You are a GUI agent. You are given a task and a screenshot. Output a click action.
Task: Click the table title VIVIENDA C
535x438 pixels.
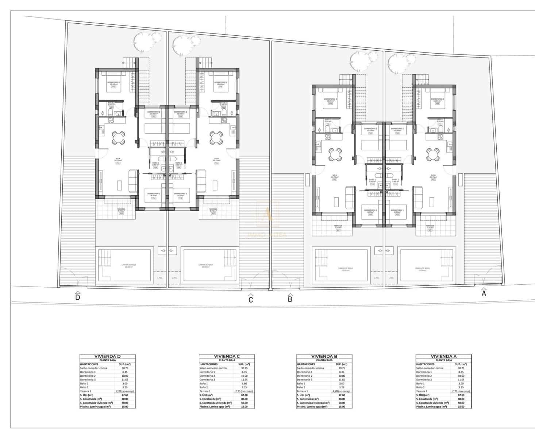[x=227, y=357]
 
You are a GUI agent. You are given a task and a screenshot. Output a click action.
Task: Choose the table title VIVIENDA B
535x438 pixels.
[x=324, y=357]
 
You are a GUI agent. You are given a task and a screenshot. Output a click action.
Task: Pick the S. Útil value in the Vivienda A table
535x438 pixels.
[x=461, y=395]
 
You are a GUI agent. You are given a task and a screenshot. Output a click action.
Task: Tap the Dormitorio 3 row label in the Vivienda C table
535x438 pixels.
[x=207, y=380]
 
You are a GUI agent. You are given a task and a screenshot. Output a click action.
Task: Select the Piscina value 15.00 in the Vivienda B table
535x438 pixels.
[x=342, y=406]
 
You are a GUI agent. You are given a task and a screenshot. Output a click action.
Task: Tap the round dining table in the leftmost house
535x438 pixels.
[x=118, y=138]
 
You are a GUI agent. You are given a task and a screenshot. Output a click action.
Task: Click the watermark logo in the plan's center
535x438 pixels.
[x=268, y=215]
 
